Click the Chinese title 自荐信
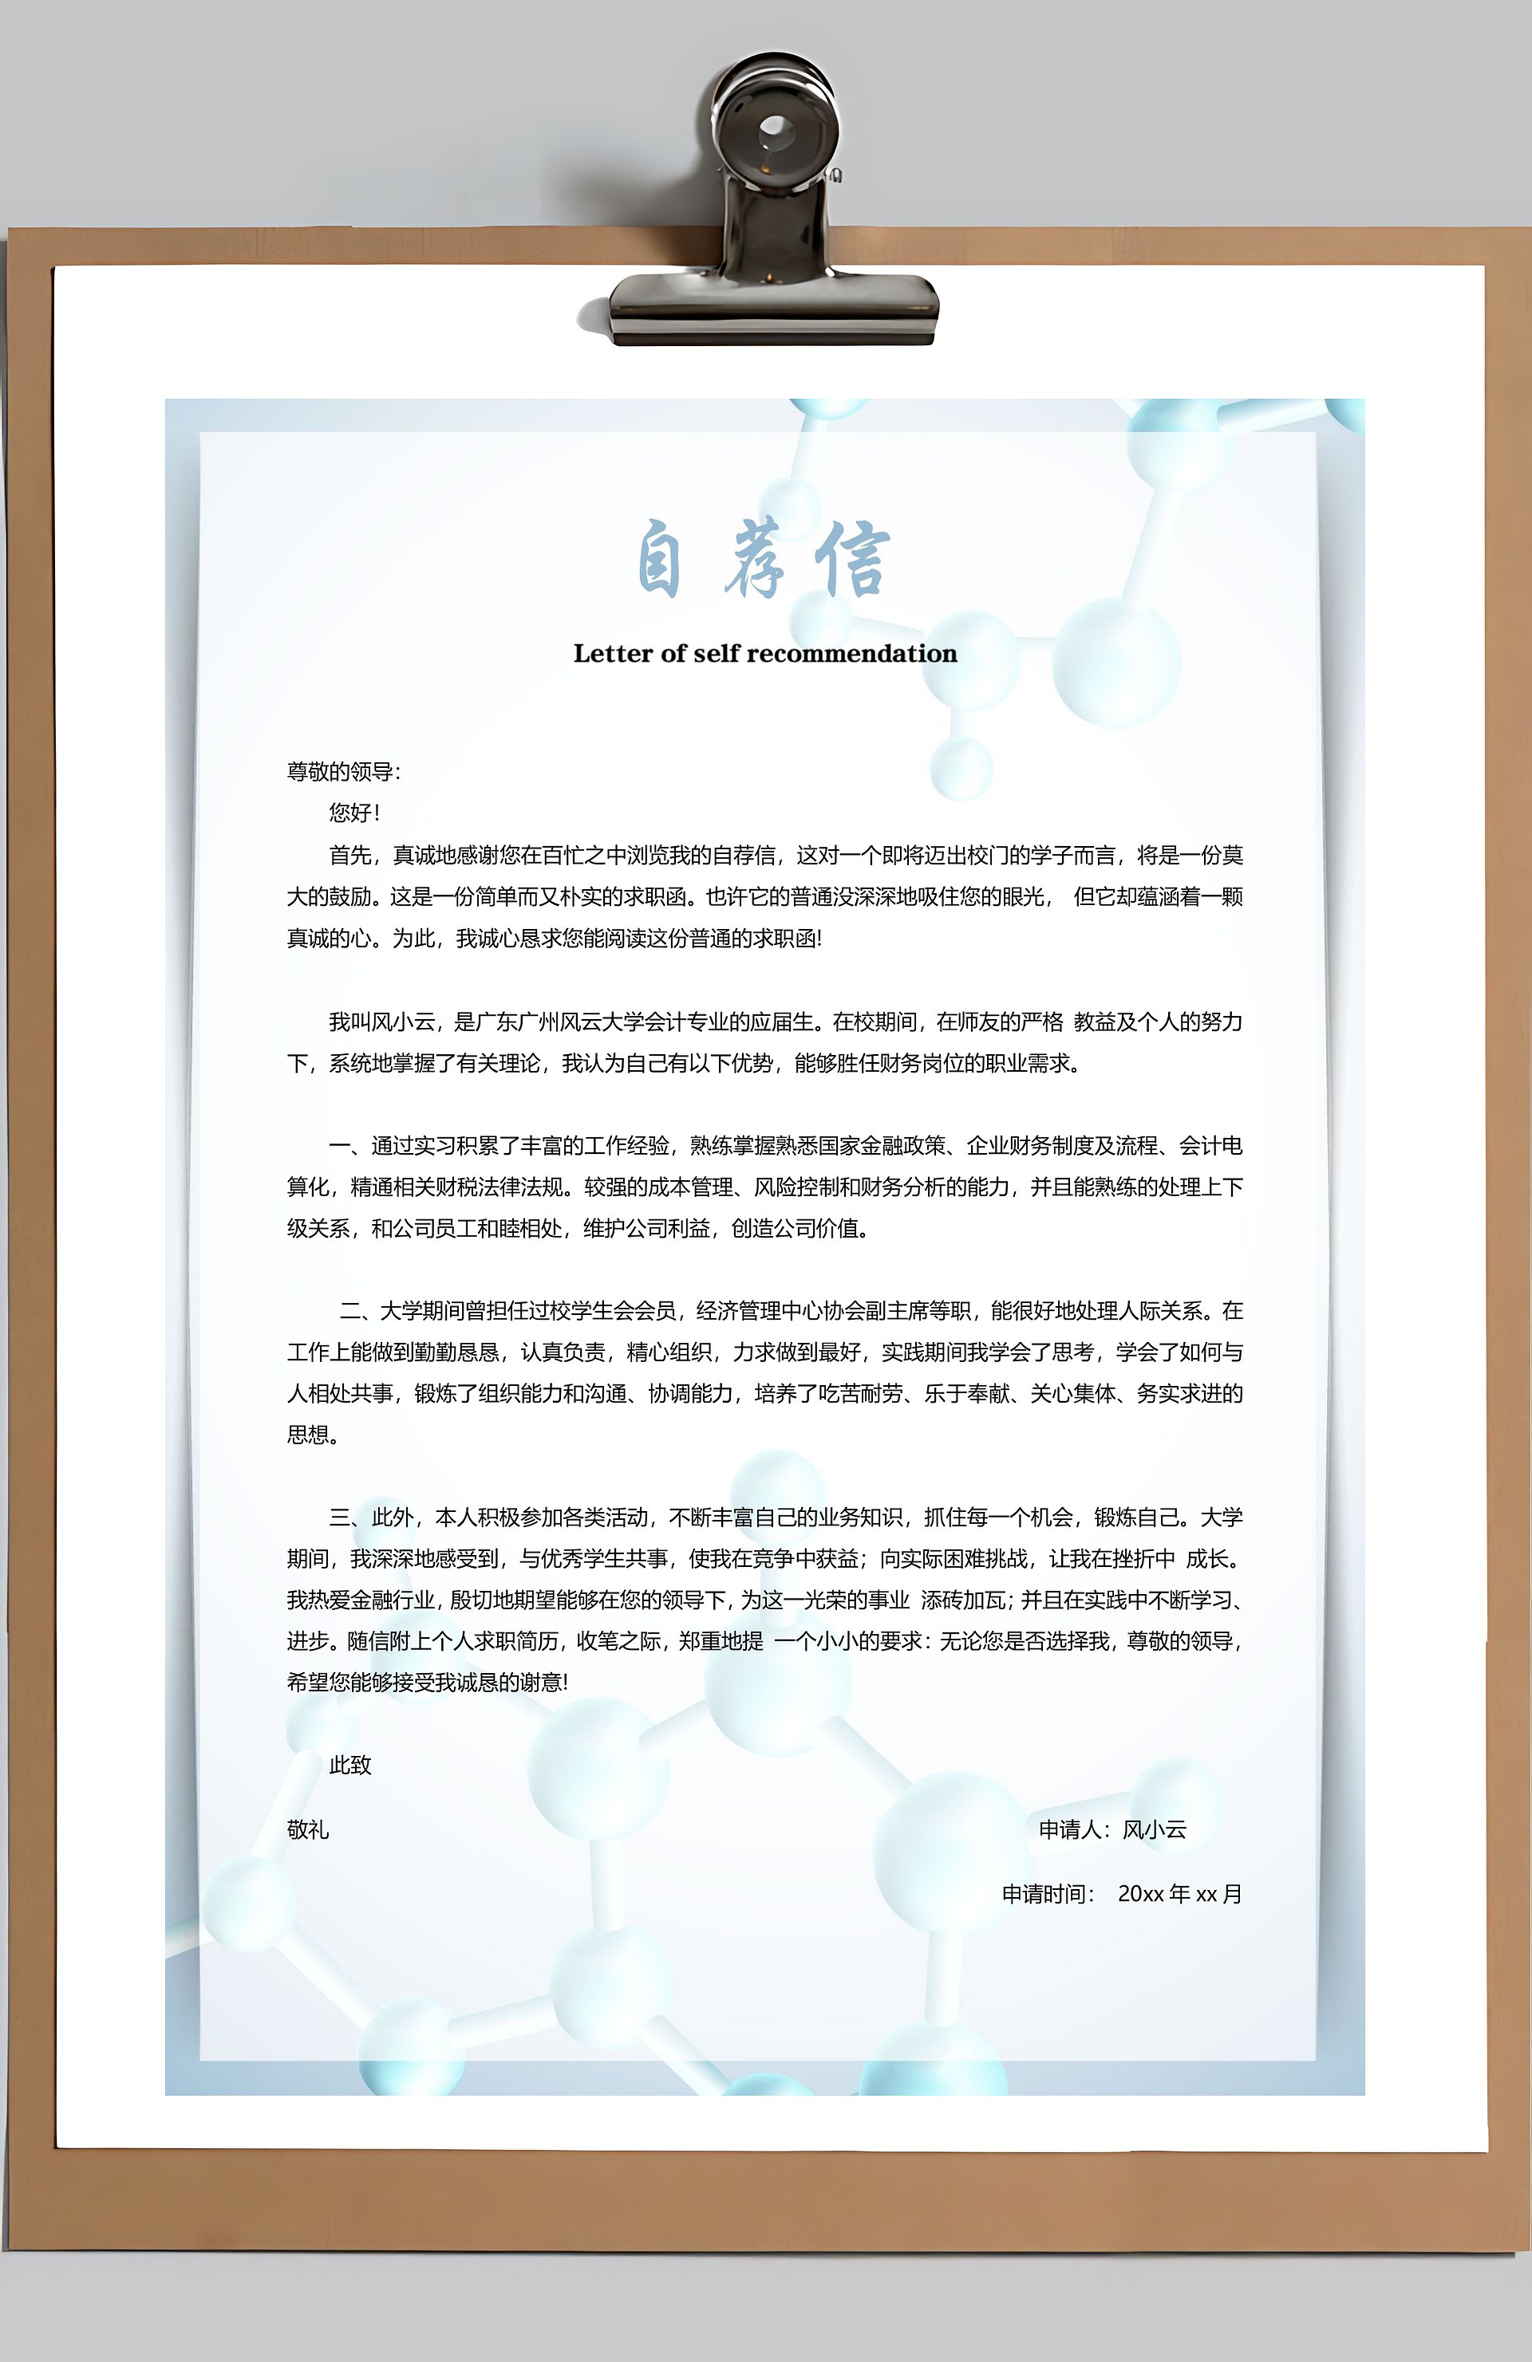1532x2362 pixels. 763,560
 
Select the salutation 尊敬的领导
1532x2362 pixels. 342,771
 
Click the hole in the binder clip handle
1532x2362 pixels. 775,128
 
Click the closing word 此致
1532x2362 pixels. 349,1765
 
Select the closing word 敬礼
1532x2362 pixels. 308,1829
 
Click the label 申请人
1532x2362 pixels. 1070,1829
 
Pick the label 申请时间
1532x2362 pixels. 1045,1894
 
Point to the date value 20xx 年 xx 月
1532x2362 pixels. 1179,1894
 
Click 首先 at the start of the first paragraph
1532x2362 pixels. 350,856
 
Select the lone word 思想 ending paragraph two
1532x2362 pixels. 308,1435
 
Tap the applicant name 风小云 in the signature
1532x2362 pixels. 1155,1829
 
